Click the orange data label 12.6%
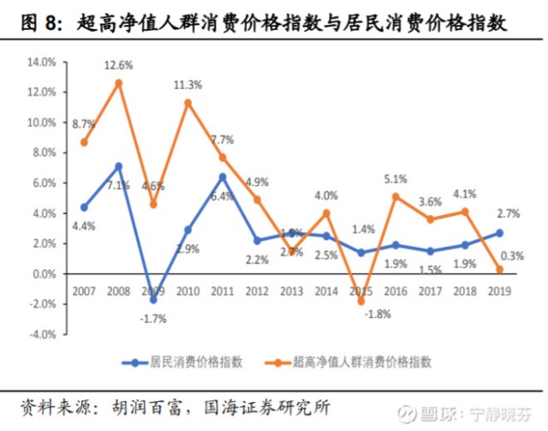119,64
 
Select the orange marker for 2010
188,103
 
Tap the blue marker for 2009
153,300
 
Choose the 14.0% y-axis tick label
41,63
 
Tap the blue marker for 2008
119,166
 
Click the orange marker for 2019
499,269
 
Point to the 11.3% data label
188,84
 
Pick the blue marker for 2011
223,177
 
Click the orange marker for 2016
396,196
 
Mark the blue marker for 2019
499,233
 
